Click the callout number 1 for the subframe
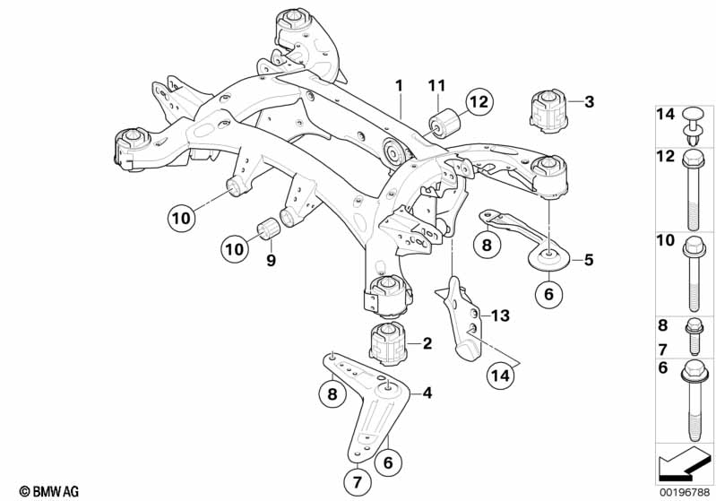[399, 85]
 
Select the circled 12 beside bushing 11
[479, 102]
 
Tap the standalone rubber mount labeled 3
[548, 112]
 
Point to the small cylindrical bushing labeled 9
[269, 229]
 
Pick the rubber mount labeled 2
[387, 344]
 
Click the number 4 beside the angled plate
[427, 393]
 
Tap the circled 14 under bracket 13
[500, 376]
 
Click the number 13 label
[500, 315]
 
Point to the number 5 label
[589, 259]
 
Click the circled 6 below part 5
[548, 294]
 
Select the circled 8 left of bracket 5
[487, 245]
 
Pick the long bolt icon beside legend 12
[693, 190]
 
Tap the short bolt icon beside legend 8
[694, 337]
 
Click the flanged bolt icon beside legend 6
[694, 401]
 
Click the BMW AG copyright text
[49, 491]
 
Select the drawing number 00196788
[685, 492]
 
